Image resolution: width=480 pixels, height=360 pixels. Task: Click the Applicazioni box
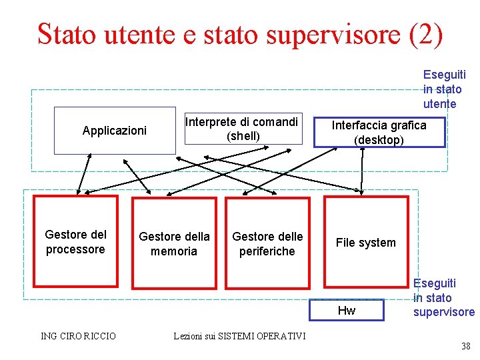point(114,131)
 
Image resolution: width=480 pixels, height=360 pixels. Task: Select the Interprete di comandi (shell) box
point(242,129)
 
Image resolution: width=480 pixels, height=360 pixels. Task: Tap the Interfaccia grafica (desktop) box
point(379,132)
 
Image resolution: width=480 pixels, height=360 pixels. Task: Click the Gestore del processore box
point(75,241)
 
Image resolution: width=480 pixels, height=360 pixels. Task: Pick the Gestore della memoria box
point(174,243)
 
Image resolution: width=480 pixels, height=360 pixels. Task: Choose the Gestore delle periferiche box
point(267,243)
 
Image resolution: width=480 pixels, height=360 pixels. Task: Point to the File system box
point(365,242)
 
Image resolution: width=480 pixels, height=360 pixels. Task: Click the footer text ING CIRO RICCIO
point(78,336)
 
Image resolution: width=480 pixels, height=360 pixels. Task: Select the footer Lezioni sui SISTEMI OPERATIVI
point(239,336)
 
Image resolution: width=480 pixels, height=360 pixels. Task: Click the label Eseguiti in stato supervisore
point(443,298)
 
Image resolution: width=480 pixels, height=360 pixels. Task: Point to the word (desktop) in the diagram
point(379,140)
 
